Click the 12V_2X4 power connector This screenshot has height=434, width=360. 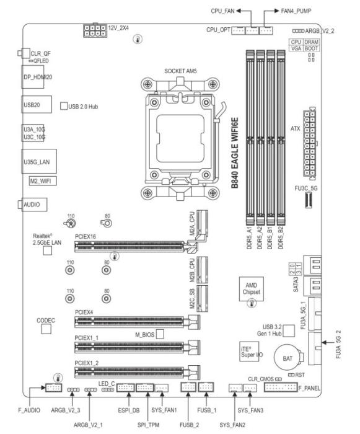(x=95, y=30)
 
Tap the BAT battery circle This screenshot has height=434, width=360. (x=287, y=358)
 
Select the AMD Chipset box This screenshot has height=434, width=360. (x=251, y=289)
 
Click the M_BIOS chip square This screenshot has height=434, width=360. (x=160, y=334)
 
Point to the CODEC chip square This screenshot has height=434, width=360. (x=46, y=329)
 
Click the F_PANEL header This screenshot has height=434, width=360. (x=281, y=387)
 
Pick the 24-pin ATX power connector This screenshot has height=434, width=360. (x=310, y=143)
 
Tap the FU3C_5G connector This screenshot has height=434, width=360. (x=309, y=200)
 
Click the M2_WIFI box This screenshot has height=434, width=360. (x=43, y=181)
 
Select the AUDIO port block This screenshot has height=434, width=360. (x=34, y=205)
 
